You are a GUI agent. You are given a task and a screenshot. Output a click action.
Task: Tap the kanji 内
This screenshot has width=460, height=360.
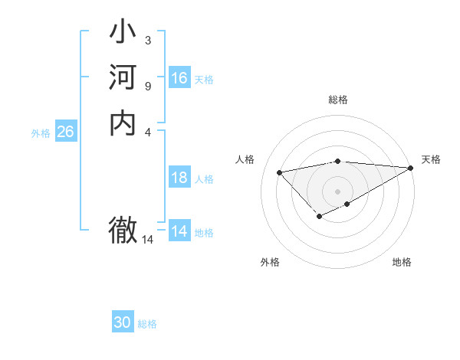pos(123,123)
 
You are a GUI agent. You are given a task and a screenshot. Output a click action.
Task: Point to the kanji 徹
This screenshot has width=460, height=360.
pos(123,229)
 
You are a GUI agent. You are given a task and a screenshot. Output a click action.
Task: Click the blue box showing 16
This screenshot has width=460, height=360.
pos(179,78)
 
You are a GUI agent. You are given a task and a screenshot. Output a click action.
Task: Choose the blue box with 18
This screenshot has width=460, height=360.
pos(179,178)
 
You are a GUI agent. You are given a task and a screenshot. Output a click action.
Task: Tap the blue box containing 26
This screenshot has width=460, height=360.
pos(65,132)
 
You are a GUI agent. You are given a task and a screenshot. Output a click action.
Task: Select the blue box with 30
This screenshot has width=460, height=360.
pos(123,322)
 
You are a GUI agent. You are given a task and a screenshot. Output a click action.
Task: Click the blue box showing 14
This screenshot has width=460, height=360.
pos(179,231)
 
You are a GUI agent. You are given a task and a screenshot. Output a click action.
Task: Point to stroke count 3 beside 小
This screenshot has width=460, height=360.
pos(147,40)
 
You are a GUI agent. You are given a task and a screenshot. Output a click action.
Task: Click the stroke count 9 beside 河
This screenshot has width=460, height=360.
pos(147,86)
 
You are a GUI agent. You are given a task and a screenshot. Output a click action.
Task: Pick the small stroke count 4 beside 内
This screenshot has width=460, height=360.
pos(147,131)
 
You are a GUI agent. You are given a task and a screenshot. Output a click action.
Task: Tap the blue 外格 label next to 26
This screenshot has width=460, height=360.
pos(41,133)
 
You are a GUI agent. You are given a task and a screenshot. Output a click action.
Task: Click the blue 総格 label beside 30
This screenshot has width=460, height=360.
pos(147,324)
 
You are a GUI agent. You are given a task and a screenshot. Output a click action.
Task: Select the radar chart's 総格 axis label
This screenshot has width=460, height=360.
pos(338,100)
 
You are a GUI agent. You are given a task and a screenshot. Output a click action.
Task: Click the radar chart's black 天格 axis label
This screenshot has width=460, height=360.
pos(431,159)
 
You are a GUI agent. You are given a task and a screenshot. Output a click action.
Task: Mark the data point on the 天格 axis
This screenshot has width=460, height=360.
pos(411,168)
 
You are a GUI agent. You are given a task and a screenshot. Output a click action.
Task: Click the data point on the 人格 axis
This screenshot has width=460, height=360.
pos(279,172)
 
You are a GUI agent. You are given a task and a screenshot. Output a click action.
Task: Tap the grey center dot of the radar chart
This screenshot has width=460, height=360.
pos(338,191)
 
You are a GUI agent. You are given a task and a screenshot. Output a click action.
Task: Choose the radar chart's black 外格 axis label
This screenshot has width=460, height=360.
pos(270,262)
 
